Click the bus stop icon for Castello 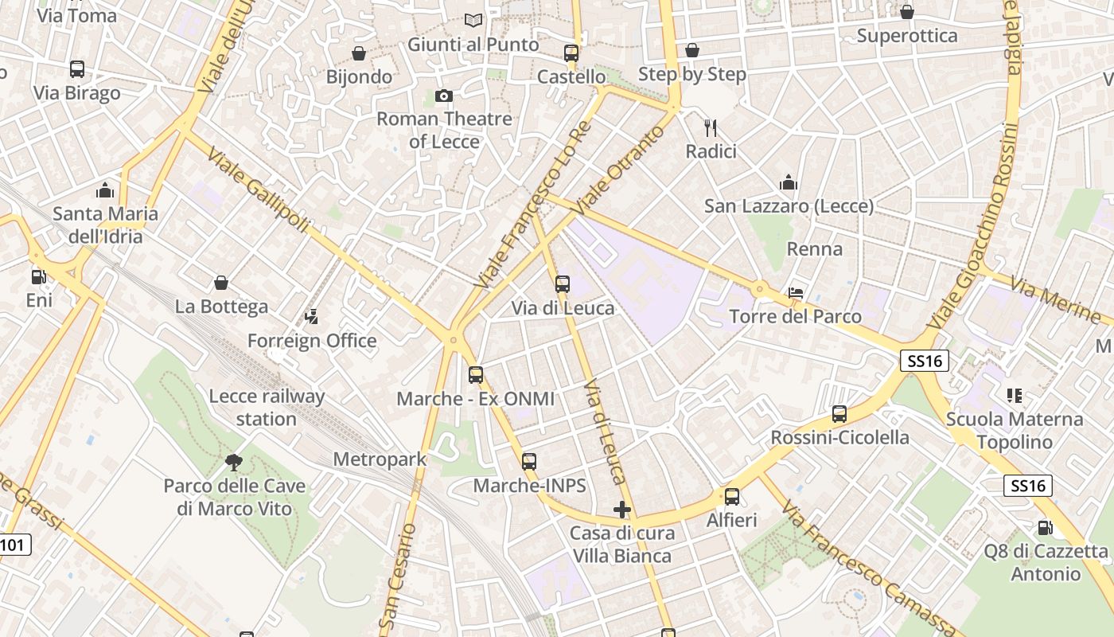[x=571, y=53]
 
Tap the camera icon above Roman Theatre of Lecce [x=444, y=96]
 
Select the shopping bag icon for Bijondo [x=359, y=53]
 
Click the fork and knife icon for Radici [x=711, y=127]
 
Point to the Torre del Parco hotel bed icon [x=795, y=293]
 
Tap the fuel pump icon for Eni [x=38, y=277]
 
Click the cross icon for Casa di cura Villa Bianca [x=622, y=510]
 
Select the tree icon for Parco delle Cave [x=234, y=462]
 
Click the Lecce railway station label [x=267, y=408]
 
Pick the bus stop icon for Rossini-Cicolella [x=839, y=414]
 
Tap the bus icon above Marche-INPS [x=529, y=462]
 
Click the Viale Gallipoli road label [x=258, y=191]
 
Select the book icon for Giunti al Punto [x=473, y=21]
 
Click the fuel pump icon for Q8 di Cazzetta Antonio [x=1045, y=527]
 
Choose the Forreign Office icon [x=311, y=317]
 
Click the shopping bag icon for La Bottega [x=221, y=283]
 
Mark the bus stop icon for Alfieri [x=732, y=497]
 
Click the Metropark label [x=380, y=459]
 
